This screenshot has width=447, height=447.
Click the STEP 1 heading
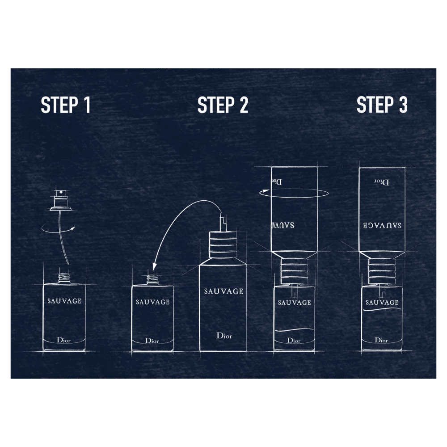[66, 105]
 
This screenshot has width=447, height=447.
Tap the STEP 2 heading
[223, 105]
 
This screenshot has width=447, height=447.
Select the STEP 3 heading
[382, 105]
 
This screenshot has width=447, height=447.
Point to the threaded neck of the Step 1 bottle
[64, 278]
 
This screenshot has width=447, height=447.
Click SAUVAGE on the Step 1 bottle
[64, 301]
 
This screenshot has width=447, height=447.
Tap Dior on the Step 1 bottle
[63, 340]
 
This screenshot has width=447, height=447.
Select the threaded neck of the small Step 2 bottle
[153, 280]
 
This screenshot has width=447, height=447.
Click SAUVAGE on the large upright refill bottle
[224, 291]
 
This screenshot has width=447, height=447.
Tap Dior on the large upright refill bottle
[224, 336]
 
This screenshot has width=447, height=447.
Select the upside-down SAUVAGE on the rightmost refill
[382, 225]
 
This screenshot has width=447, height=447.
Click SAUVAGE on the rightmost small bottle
[382, 302]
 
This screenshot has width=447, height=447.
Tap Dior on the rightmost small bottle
[381, 340]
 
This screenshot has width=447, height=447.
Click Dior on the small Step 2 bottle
[152, 340]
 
